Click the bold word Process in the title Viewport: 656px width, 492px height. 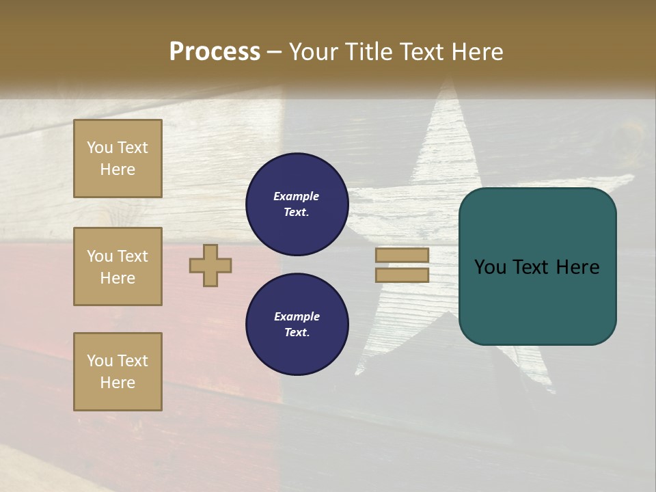(x=215, y=52)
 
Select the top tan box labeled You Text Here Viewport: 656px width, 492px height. (x=118, y=159)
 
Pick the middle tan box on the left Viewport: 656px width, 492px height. (x=118, y=266)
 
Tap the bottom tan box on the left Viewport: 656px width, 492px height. (x=118, y=372)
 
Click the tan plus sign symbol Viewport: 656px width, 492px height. (x=210, y=265)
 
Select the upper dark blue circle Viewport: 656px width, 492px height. (x=297, y=204)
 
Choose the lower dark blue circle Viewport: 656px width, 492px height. (x=297, y=325)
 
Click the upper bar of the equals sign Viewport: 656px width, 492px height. (x=402, y=255)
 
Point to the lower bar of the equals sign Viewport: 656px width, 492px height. (x=402, y=275)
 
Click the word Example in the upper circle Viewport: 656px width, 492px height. (x=297, y=196)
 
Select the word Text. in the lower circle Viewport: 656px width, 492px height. (x=297, y=333)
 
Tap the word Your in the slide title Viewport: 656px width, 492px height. (x=314, y=52)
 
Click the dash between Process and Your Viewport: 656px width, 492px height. (x=274, y=53)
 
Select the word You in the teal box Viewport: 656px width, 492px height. (x=489, y=267)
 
